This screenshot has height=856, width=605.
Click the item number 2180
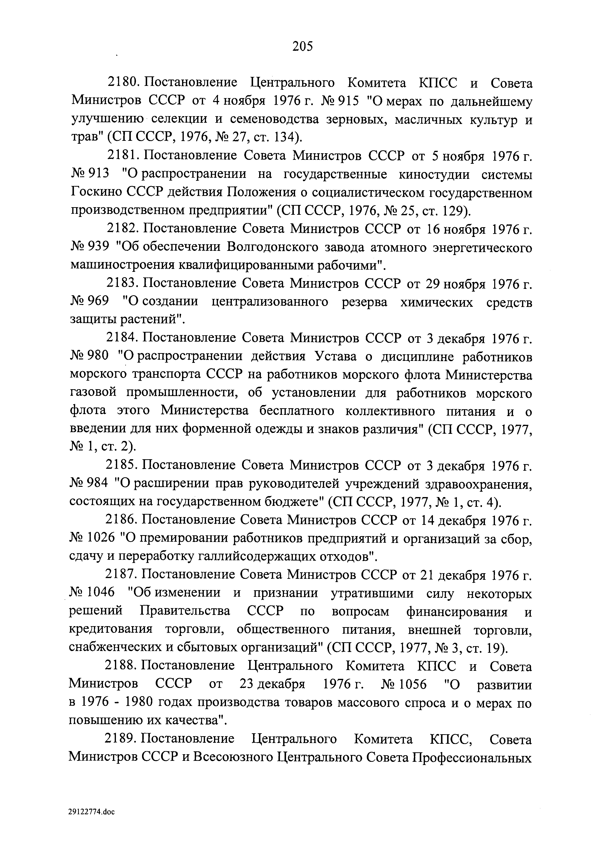[x=123, y=82]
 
